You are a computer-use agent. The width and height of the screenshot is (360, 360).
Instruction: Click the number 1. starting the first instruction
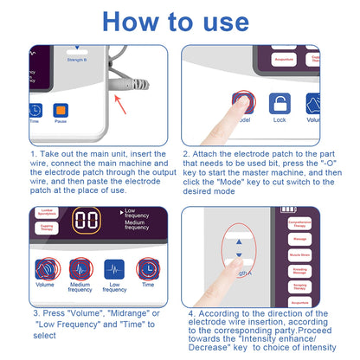click(32, 155)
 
